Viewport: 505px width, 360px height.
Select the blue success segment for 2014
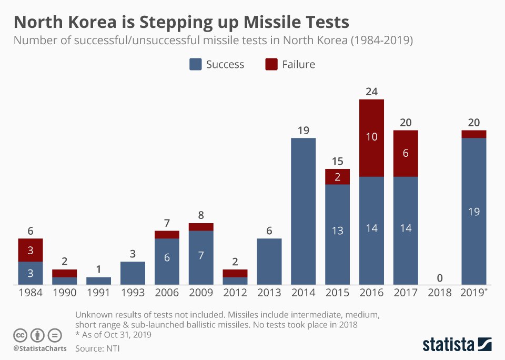point(303,211)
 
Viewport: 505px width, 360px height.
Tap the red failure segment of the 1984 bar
point(30,250)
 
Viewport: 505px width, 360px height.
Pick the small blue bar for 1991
point(98,281)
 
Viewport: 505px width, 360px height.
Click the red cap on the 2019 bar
point(473,134)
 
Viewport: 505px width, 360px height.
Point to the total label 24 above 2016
point(371,92)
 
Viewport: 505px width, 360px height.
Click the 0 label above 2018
point(440,277)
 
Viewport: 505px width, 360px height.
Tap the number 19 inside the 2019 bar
point(473,211)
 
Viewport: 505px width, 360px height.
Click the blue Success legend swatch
point(196,64)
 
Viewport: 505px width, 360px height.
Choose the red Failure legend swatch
point(271,64)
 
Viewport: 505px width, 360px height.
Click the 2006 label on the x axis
point(167,293)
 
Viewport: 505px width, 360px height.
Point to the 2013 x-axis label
point(269,293)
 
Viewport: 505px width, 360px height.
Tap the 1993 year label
point(133,293)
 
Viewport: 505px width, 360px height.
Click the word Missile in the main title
point(274,22)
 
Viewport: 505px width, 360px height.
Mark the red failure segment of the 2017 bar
point(406,154)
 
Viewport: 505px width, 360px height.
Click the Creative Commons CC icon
point(20,335)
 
